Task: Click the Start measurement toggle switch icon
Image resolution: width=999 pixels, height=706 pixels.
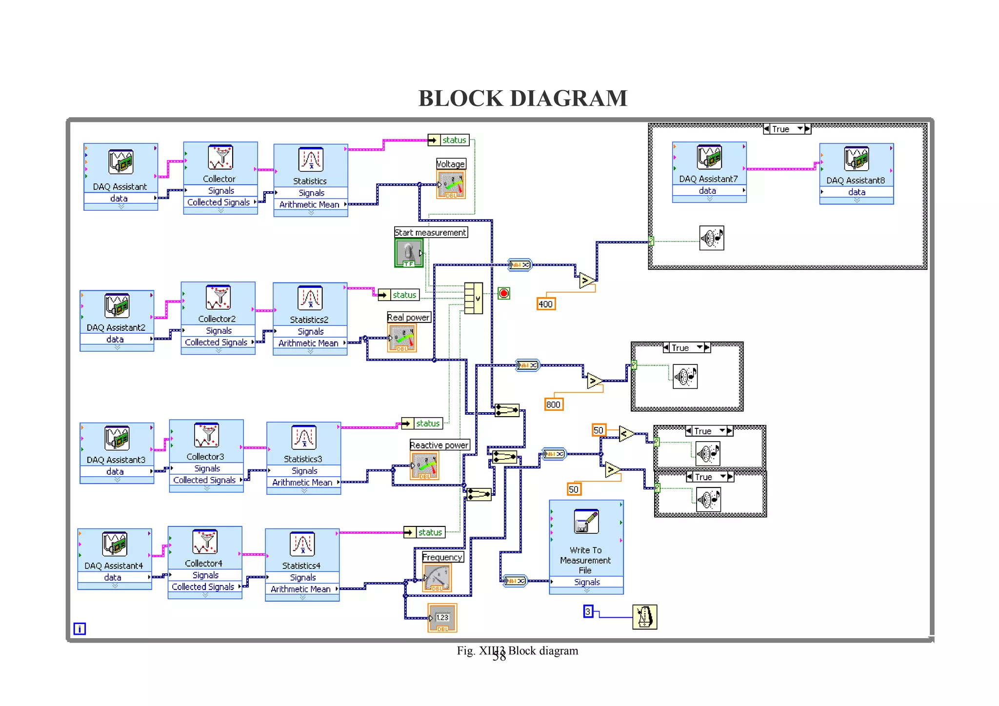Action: (409, 253)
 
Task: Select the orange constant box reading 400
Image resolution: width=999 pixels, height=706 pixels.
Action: (546, 304)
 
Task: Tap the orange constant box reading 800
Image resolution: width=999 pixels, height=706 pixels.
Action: (554, 404)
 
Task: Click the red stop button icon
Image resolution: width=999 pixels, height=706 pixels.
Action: (504, 293)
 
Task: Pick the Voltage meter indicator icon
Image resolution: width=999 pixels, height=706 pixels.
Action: (451, 184)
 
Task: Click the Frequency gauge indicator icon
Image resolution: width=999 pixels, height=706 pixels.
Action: (437, 578)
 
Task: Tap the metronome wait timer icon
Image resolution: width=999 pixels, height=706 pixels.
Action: (644, 617)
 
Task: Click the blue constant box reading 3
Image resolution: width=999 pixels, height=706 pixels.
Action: (588, 611)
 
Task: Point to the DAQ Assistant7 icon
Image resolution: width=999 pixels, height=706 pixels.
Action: (709, 157)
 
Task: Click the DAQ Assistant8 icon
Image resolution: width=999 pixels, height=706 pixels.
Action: (857, 159)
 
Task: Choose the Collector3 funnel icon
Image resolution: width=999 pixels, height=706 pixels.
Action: (206, 435)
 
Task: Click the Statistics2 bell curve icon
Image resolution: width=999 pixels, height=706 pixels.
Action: (310, 298)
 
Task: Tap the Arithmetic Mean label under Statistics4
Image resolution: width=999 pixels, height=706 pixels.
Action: (300, 589)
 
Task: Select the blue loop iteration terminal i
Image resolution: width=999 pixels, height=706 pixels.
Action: (80, 629)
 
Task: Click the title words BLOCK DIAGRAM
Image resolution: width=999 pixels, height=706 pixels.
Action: (522, 98)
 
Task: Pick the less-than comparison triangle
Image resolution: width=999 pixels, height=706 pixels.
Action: (626, 433)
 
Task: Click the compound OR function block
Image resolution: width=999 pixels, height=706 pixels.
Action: (473, 298)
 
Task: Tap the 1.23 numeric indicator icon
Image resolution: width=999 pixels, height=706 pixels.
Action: (442, 618)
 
